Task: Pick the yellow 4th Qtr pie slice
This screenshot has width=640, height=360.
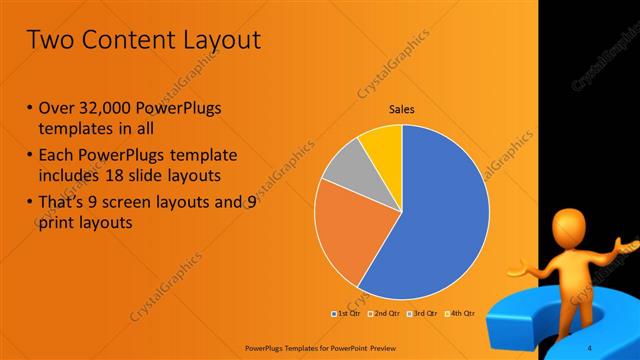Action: pyautogui.click(x=383, y=144)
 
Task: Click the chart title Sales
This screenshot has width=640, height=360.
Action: pyautogui.click(x=402, y=110)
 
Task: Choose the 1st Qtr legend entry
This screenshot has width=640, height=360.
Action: pyautogui.click(x=345, y=313)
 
